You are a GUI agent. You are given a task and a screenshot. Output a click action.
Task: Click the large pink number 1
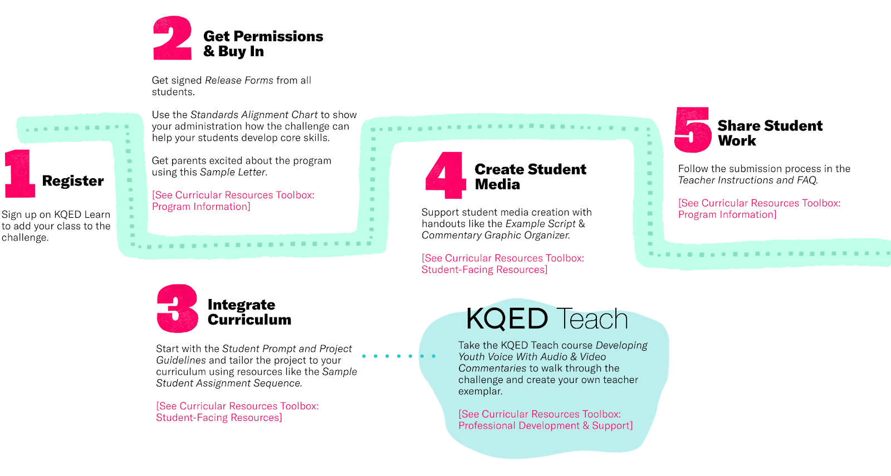(19, 174)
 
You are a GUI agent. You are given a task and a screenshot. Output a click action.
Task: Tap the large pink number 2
(172, 38)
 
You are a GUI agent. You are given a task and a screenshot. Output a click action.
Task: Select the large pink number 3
(177, 308)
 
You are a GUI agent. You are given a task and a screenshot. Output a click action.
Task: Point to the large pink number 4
(445, 175)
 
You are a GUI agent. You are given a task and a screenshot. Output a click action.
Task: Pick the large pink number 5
(692, 130)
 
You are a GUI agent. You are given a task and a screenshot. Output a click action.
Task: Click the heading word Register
(73, 181)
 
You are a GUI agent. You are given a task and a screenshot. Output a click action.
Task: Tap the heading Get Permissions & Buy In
(263, 44)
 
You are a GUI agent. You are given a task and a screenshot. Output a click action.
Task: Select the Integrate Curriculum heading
(249, 312)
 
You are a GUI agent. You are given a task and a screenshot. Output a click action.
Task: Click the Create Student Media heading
(530, 176)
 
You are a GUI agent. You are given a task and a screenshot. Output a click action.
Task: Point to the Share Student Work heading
(770, 133)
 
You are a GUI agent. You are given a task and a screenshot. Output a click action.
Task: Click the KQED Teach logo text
(547, 319)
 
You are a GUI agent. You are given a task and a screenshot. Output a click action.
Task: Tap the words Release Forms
(239, 80)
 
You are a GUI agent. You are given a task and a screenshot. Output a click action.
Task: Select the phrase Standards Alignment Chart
(254, 115)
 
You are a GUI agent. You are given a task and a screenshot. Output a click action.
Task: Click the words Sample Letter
(232, 172)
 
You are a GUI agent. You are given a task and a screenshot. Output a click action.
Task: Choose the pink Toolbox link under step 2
(233, 200)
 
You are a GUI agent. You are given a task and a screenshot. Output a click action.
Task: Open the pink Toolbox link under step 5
(759, 209)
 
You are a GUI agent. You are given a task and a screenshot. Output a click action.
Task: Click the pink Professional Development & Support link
(545, 425)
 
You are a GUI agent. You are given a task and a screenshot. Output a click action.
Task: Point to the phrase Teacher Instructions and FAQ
(747, 180)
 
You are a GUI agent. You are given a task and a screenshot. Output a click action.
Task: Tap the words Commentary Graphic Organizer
(495, 235)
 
